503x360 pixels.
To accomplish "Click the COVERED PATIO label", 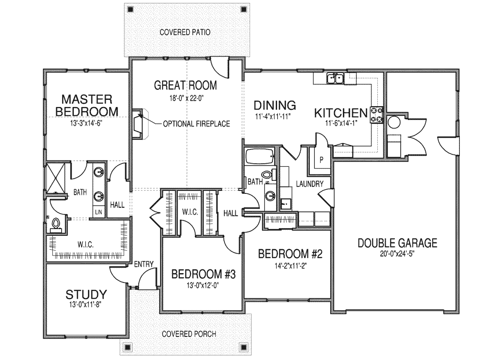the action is click(x=185, y=32).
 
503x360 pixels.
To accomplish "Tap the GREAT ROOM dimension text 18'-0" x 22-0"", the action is click(x=187, y=98).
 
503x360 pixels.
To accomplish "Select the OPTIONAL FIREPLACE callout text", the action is click(x=197, y=124).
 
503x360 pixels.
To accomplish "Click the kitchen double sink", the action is click(x=335, y=78).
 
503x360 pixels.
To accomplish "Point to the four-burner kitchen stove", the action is click(x=376, y=115).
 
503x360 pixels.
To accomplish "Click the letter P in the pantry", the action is click(x=322, y=160).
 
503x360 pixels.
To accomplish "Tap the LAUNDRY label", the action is click(x=310, y=184).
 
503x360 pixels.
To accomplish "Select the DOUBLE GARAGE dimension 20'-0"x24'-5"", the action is click(x=397, y=254).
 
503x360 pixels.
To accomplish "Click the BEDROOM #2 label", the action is click(x=290, y=254).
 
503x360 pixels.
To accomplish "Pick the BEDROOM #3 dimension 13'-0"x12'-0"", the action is click(x=203, y=285).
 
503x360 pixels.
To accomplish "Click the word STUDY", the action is click(x=86, y=295).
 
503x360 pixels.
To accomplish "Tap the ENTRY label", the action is click(x=144, y=264).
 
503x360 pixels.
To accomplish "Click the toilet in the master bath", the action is click(x=56, y=225).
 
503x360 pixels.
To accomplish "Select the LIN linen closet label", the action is click(x=99, y=212).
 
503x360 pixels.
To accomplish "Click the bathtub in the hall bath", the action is click(x=260, y=157).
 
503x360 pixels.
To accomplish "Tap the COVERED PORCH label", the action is click(x=189, y=334).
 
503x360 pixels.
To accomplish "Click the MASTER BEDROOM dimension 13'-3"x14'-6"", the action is click(x=86, y=123).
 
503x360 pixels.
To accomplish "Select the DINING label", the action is click(x=275, y=105).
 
